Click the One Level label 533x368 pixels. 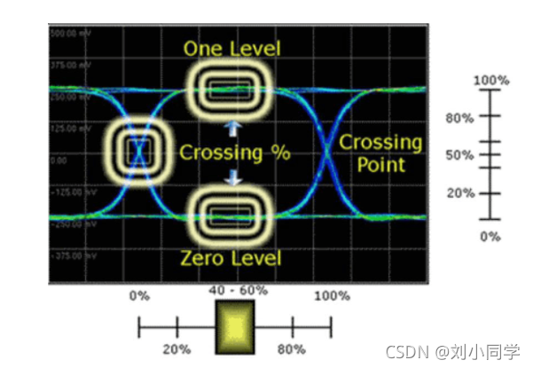coord(232,48)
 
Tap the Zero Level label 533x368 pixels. coord(232,258)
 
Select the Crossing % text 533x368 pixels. coord(235,153)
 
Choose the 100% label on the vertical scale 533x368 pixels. coord(490,81)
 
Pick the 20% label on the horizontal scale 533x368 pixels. coord(178,349)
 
